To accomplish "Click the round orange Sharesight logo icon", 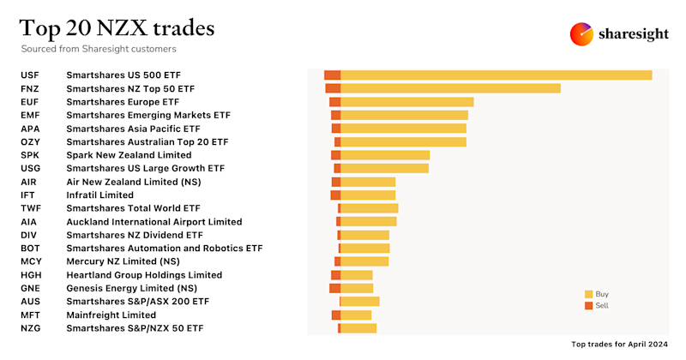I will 582,34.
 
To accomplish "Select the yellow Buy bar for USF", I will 496,75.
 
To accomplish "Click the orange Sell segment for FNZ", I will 333,88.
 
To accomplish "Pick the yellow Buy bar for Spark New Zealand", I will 385,155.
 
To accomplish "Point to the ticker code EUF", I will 30,102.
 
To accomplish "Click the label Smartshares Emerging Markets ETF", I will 137,115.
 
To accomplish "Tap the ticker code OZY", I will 30,141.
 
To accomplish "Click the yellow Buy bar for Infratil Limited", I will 368,195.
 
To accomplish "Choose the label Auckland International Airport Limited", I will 154,222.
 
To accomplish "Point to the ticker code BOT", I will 30,249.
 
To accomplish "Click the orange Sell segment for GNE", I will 334,288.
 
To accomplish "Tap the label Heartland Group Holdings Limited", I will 144,275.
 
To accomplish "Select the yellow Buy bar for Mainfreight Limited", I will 356,315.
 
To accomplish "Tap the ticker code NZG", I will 30,328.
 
